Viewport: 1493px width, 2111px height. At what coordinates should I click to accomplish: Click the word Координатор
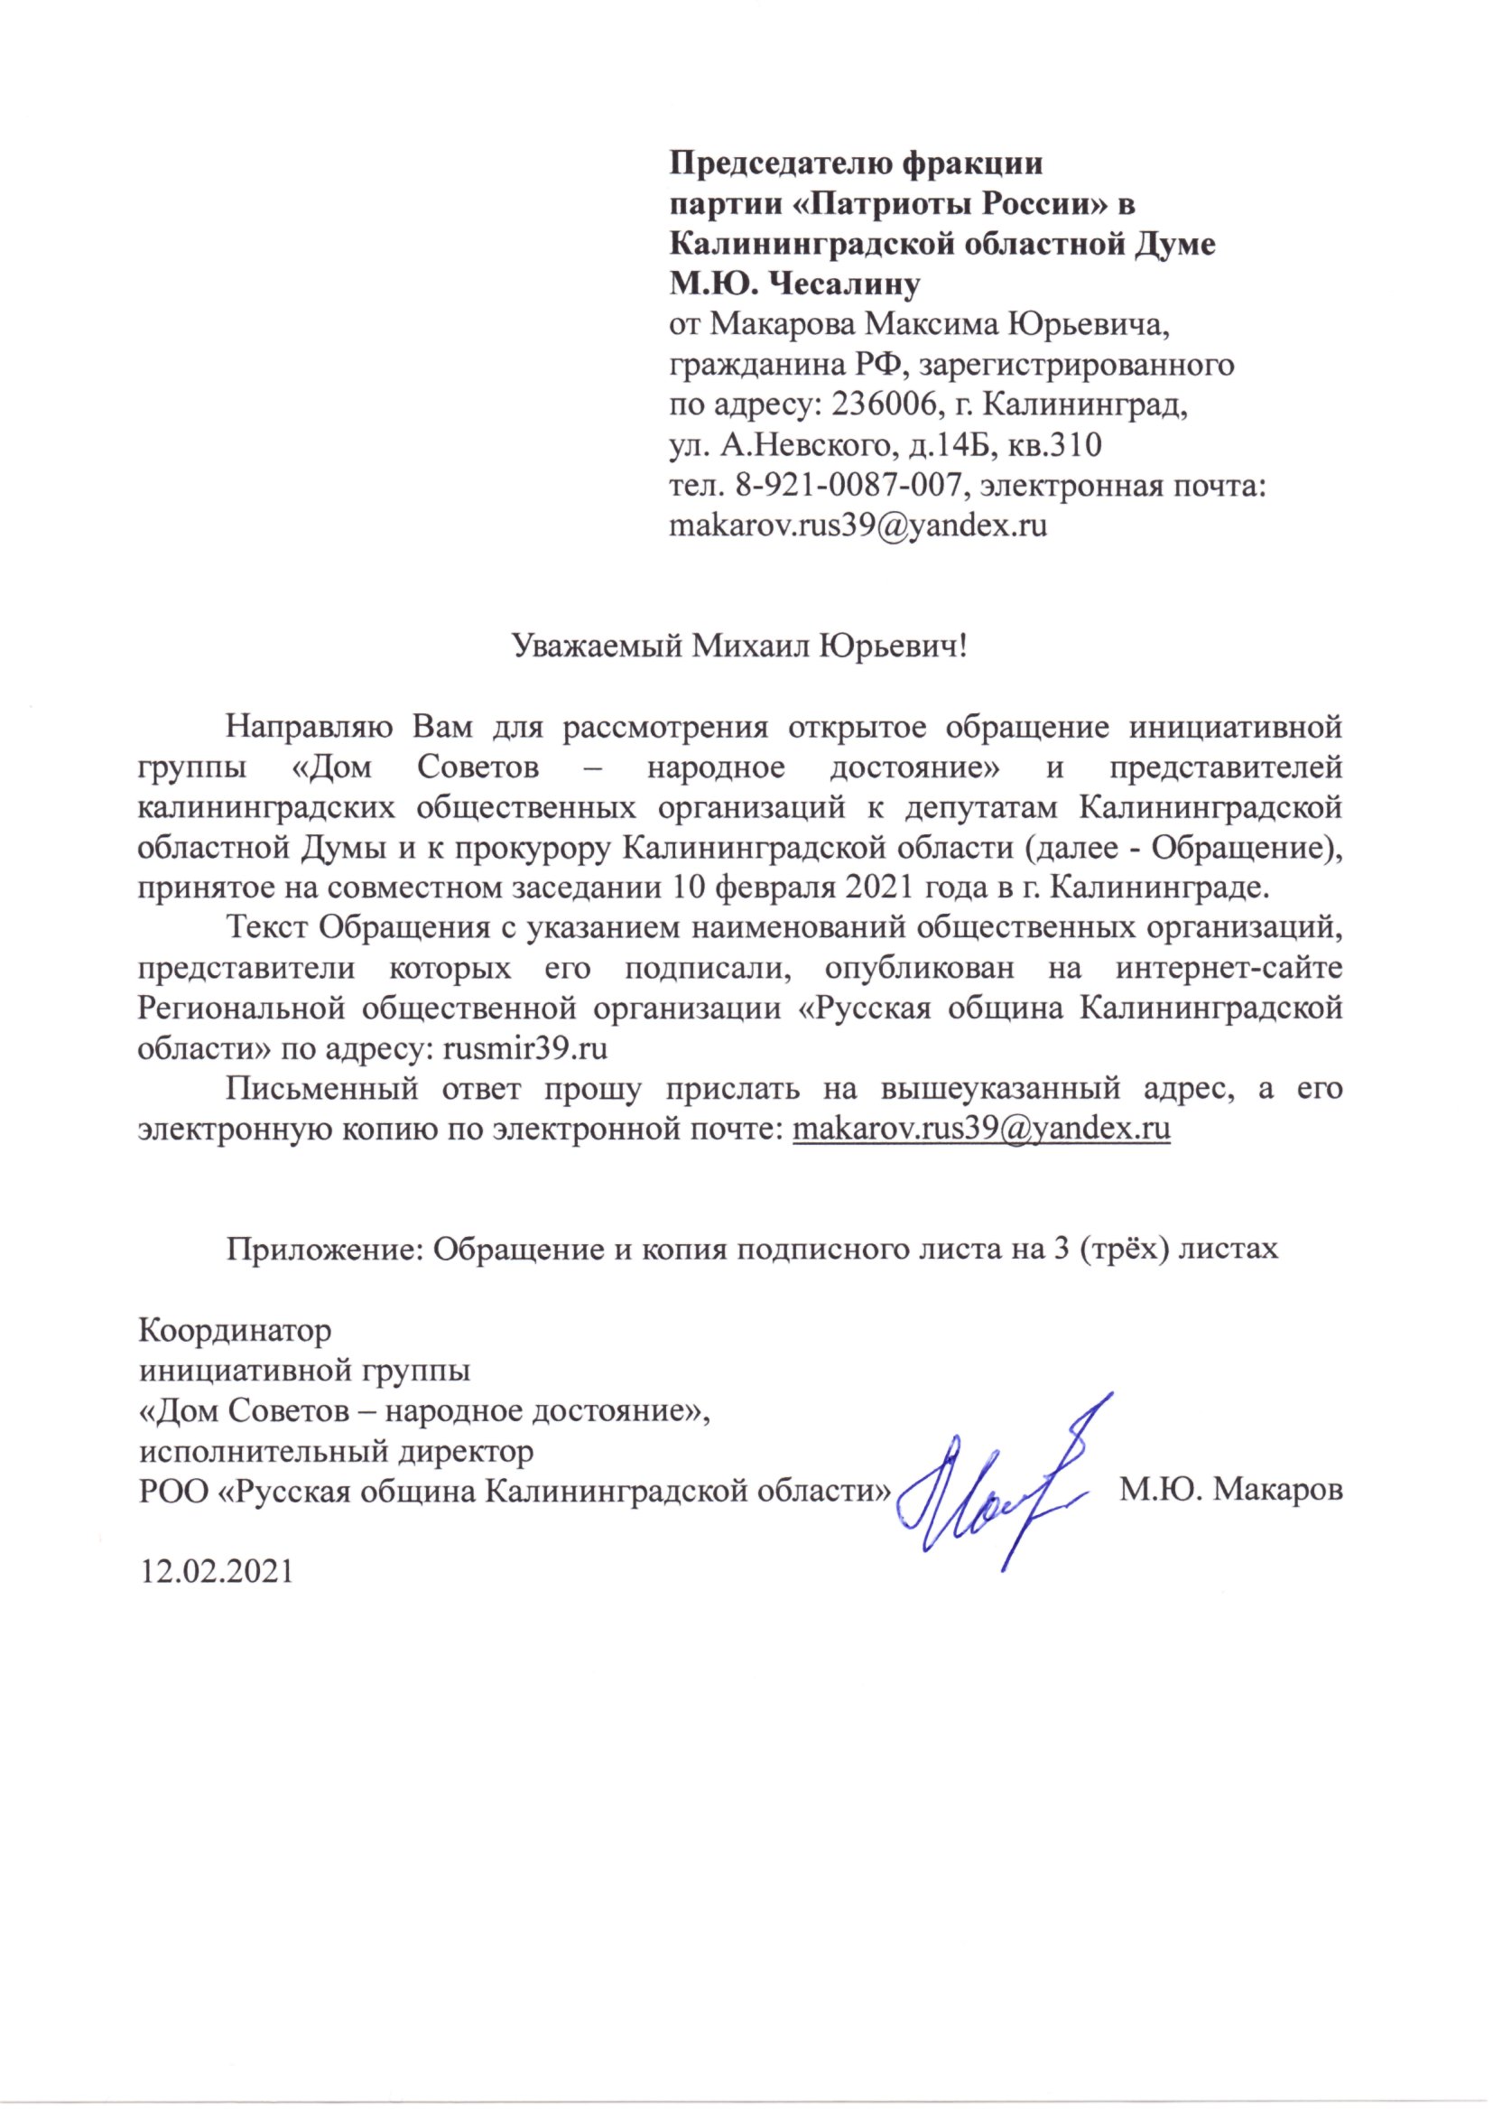(x=235, y=1330)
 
